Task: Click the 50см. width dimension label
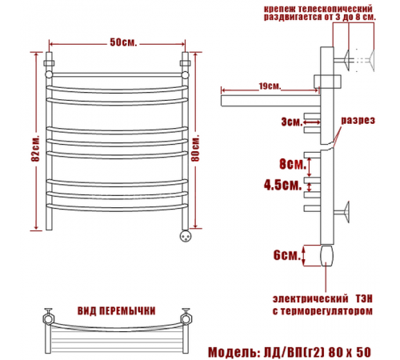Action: point(123,42)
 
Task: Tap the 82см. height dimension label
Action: point(35,148)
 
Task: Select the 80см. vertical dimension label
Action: point(195,148)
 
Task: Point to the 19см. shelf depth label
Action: point(270,86)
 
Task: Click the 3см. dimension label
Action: point(292,122)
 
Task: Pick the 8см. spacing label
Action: point(293,164)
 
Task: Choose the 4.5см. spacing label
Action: point(282,185)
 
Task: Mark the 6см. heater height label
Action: point(286,255)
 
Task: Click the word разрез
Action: point(358,120)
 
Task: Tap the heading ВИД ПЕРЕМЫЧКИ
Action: point(117,311)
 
